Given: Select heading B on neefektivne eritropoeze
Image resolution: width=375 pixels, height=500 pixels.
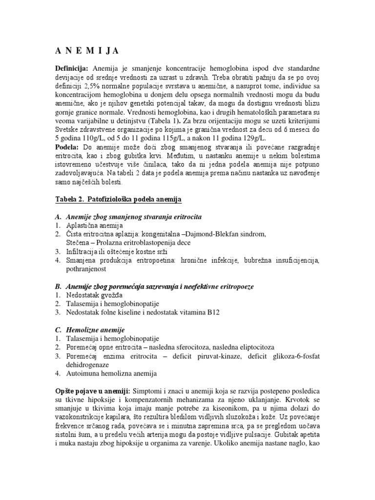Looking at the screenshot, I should pos(153,286).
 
